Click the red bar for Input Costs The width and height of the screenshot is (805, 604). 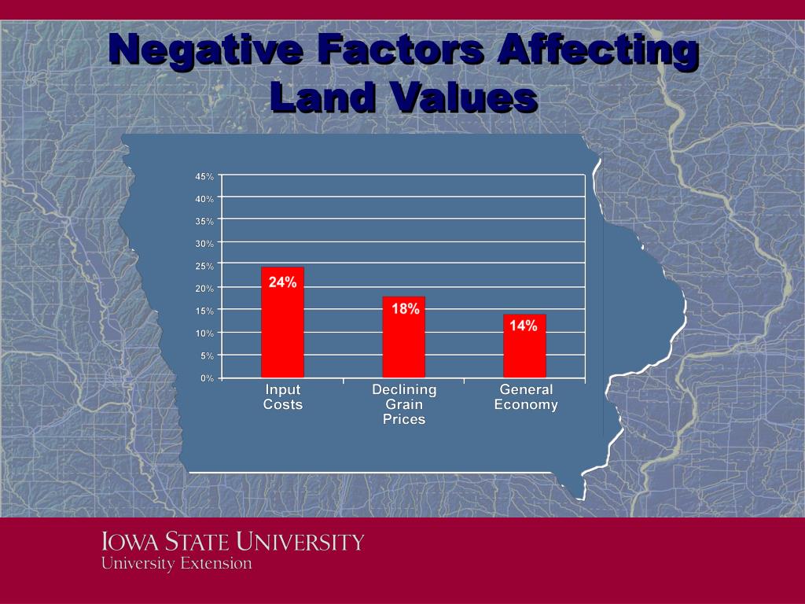282,330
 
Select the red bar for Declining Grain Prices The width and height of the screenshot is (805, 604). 403,346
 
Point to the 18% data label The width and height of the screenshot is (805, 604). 406,309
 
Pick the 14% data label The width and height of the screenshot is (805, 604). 524,326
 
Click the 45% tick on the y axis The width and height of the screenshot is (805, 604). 204,176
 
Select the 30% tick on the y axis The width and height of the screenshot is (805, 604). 204,244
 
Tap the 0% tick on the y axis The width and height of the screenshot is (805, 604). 207,378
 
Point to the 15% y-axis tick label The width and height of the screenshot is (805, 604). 204,311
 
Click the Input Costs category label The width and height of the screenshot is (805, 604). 282,397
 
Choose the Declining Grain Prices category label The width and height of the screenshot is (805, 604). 403,404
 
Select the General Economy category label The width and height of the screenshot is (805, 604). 526,397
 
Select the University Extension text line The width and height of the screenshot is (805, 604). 176,563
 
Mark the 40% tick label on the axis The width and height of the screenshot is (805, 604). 204,199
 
